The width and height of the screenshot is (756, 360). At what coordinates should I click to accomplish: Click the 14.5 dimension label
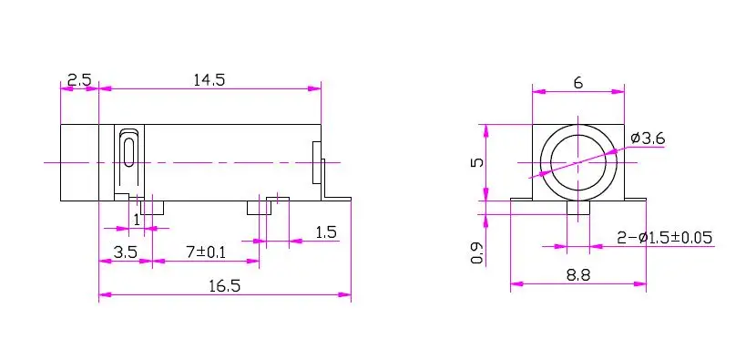click(209, 79)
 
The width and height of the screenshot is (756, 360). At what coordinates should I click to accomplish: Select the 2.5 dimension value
click(79, 79)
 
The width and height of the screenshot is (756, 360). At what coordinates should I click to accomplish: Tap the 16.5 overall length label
click(225, 286)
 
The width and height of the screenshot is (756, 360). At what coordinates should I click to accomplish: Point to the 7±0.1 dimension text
click(205, 252)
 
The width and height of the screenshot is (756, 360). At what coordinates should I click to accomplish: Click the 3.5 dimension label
click(125, 252)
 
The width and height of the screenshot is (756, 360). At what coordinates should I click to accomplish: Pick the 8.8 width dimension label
click(578, 275)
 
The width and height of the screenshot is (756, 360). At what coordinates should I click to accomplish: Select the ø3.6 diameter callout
click(648, 139)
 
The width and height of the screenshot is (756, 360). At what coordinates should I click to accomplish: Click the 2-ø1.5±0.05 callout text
click(664, 238)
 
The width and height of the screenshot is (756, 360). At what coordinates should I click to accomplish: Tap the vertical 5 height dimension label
click(476, 162)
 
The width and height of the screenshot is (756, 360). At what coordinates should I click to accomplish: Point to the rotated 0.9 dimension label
click(477, 253)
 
